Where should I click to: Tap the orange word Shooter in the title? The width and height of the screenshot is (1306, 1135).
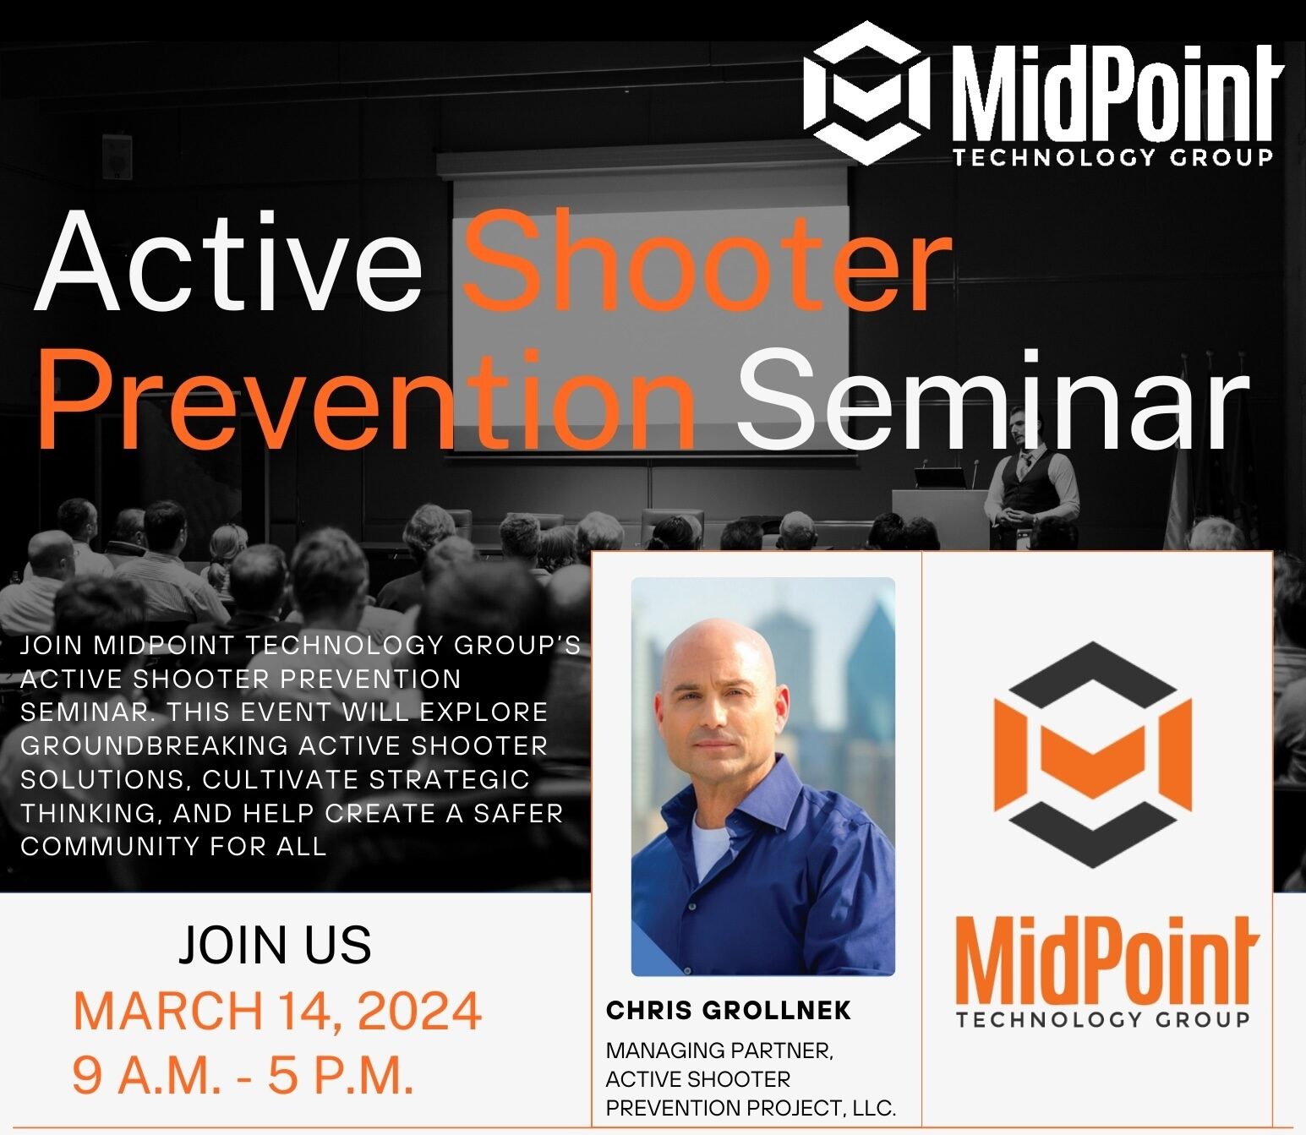pos(707,261)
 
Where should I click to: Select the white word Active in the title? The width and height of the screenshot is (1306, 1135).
pos(228,261)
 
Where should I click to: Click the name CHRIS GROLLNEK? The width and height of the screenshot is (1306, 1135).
pos(729,1010)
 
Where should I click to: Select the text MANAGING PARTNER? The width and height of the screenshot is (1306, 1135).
pos(719,1050)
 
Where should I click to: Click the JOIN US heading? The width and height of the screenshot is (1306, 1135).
pos(275,945)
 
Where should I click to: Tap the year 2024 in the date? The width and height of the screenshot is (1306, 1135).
pos(419,1012)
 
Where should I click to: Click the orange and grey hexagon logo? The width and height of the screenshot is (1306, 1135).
pos(1093,755)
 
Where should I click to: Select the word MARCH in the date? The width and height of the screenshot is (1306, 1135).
pos(168,1012)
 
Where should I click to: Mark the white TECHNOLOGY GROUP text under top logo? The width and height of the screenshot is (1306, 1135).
pos(1112,157)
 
